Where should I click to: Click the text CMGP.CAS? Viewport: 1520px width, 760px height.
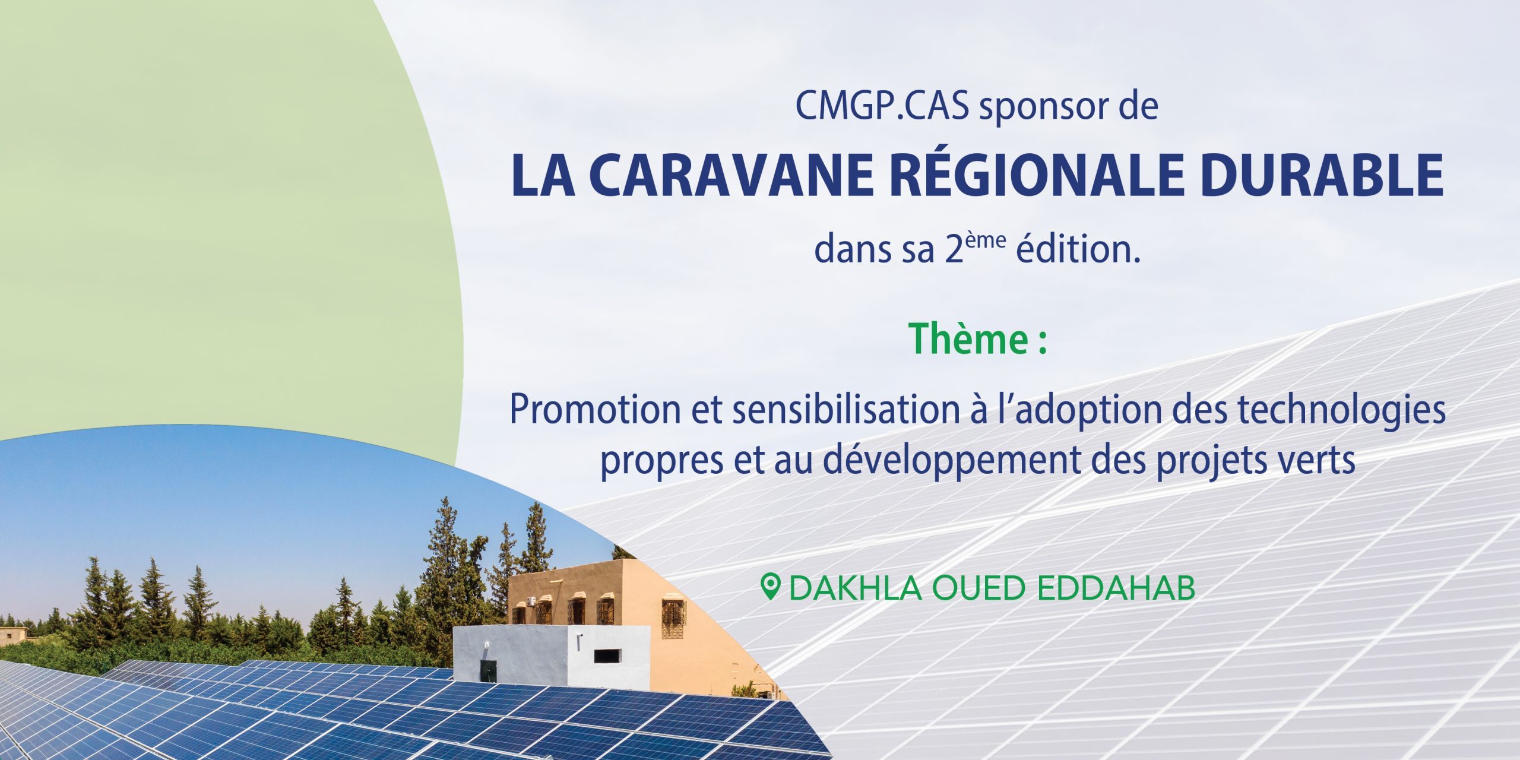click(x=882, y=106)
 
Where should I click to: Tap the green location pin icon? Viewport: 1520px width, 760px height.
click(x=770, y=587)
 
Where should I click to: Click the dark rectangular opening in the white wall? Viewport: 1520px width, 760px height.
click(x=607, y=656)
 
